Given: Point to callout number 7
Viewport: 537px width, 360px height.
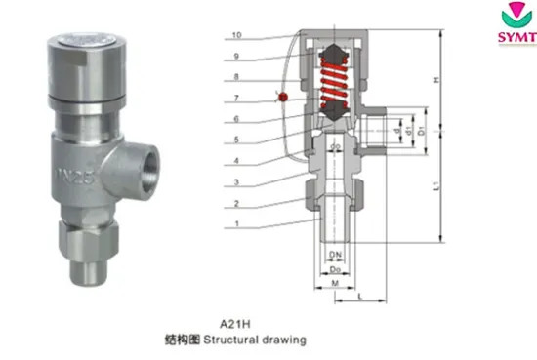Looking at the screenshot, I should pyautogui.click(x=238, y=100).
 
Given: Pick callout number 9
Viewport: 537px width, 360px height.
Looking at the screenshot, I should pyautogui.click(x=238, y=57).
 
